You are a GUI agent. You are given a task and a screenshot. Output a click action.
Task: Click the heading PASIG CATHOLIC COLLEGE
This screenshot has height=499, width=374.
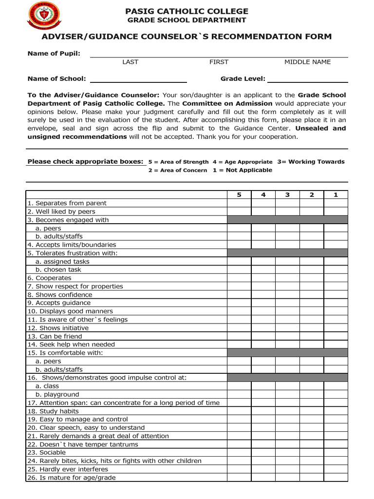(187, 11)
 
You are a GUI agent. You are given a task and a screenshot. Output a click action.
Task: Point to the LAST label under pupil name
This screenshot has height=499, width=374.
(130, 62)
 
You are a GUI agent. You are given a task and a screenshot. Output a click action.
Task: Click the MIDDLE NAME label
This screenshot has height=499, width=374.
(307, 62)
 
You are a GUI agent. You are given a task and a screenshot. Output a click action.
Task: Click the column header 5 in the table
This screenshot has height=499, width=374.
(239, 195)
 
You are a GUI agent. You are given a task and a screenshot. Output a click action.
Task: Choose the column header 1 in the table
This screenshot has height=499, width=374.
(336, 195)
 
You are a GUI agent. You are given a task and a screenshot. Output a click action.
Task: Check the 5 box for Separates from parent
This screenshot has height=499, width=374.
(239, 203)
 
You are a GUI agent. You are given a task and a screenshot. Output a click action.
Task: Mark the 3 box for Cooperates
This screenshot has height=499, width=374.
(287, 278)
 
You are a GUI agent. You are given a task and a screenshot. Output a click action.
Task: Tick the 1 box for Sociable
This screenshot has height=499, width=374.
(336, 453)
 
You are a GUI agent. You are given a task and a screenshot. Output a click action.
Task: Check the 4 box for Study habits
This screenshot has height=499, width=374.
(263, 411)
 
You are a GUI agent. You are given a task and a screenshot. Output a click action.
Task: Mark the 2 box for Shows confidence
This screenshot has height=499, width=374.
(312, 295)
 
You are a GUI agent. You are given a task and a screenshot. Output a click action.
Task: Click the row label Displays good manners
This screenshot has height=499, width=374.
(70, 311)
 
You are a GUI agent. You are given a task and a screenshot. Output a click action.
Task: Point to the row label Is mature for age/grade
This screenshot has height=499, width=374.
(72, 478)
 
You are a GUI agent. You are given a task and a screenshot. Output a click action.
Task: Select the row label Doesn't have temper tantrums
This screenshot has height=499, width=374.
(83, 444)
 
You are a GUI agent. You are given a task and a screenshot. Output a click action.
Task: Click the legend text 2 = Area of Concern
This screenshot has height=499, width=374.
(178, 171)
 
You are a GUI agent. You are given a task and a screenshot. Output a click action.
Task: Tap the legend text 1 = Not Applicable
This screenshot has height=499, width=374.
(243, 171)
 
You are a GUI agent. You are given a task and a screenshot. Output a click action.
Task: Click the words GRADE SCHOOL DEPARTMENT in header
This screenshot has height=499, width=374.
(187, 20)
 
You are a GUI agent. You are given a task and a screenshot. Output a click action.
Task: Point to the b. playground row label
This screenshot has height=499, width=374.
(57, 395)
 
